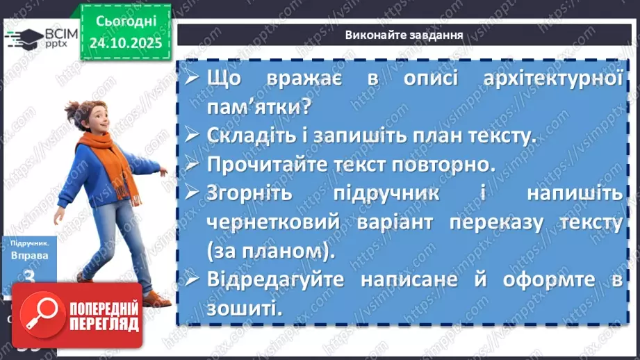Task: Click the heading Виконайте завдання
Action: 403,35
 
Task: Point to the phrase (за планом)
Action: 271,251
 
